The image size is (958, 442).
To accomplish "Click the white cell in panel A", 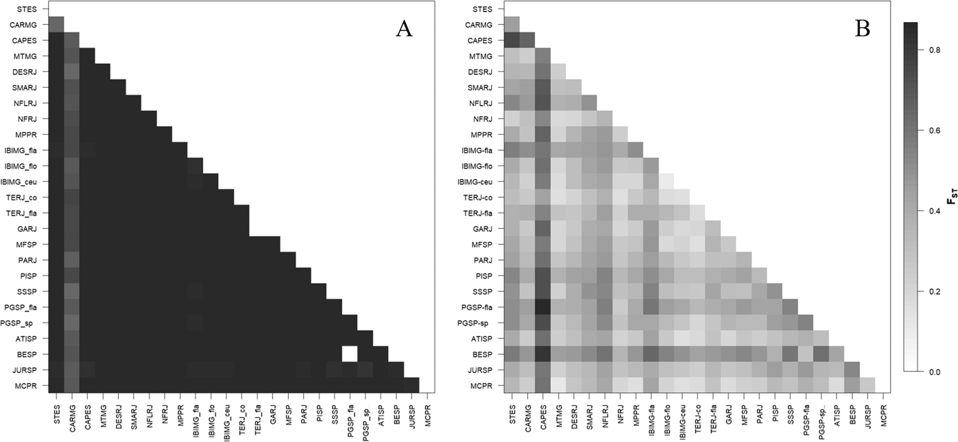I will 349,354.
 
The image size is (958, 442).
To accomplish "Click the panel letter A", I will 404,29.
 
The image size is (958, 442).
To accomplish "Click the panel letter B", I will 862,29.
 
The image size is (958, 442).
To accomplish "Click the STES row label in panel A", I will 27,9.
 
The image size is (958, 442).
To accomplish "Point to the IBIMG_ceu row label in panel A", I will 19,182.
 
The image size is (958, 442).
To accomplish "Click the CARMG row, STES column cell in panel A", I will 56,24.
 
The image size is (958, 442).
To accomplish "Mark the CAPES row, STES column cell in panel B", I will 512,40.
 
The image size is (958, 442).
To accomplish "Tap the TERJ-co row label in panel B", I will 478,198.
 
